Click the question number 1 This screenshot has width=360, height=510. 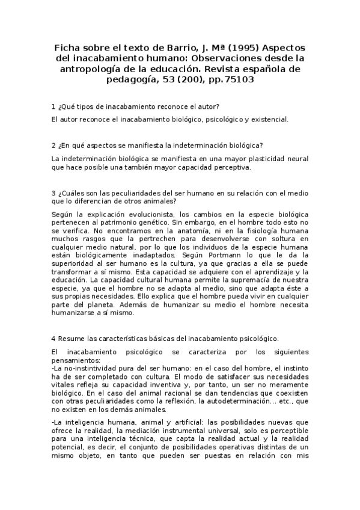(54, 106)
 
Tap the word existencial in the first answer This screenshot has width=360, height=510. (269, 119)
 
